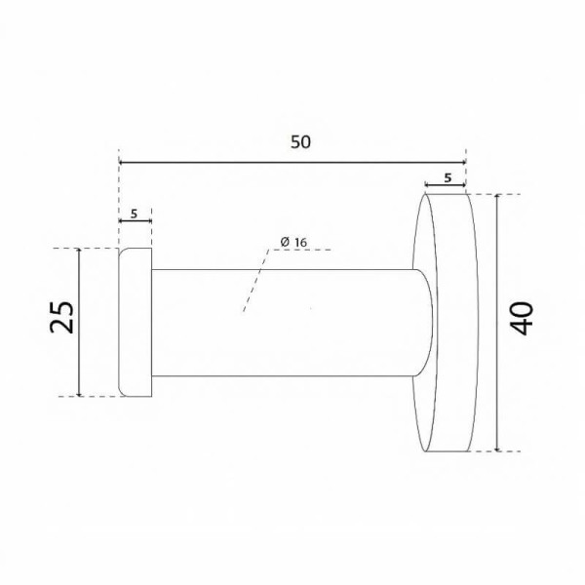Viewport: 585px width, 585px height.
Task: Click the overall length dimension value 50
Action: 300,142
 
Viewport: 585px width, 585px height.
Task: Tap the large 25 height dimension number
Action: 61,317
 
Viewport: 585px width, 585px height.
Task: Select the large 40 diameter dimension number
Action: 522,318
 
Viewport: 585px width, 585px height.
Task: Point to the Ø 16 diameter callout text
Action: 293,242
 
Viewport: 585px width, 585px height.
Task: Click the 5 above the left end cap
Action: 135,214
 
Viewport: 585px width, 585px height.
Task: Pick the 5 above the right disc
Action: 448,178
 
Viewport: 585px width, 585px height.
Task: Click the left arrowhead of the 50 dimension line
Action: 121,162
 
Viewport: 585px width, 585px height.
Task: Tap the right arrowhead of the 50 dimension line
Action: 463,162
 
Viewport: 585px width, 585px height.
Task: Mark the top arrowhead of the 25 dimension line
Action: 79,252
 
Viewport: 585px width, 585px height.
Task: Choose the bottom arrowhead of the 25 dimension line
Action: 79,393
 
